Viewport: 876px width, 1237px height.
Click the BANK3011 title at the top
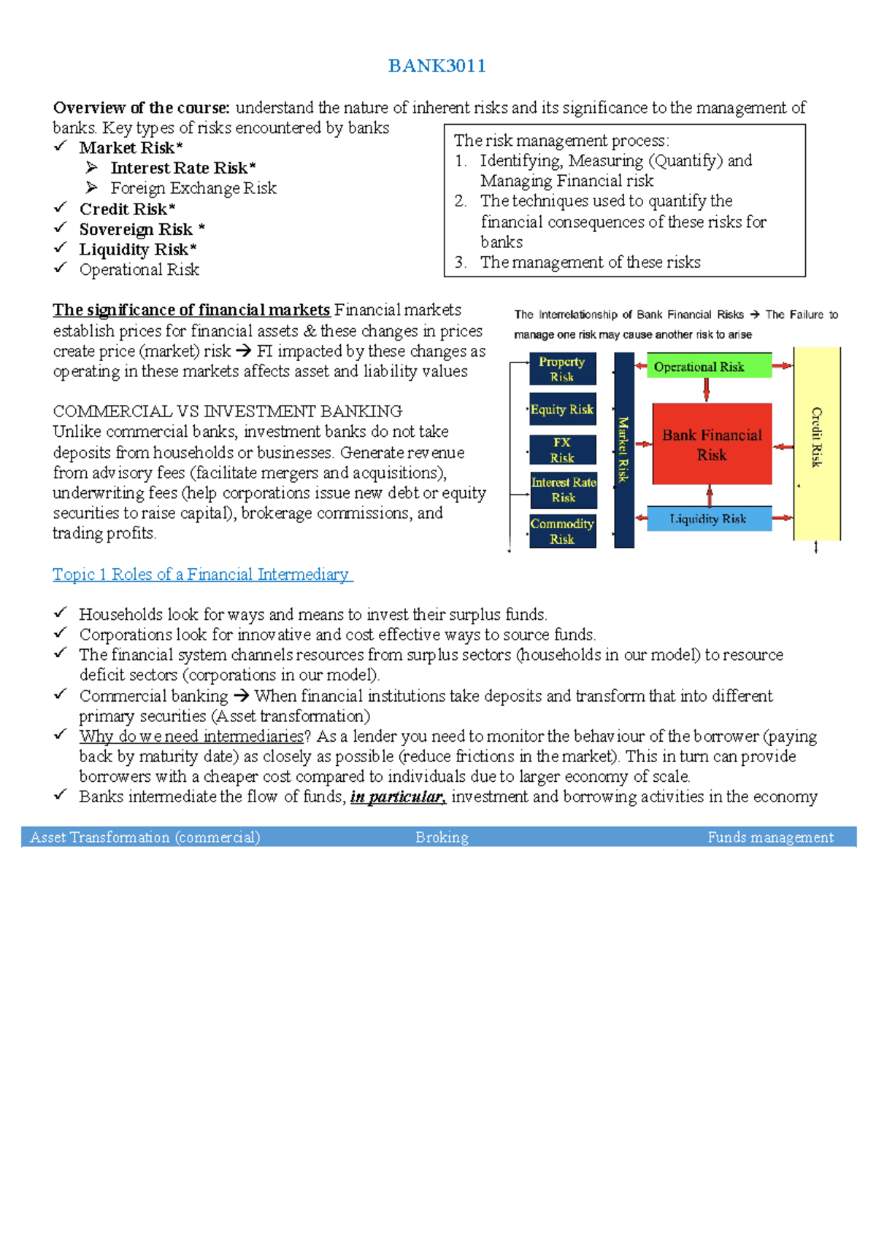tap(437, 66)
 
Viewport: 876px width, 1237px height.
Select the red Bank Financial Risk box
tap(712, 444)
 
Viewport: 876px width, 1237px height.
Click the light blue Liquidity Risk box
tap(708, 519)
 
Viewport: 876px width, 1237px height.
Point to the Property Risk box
tap(562, 369)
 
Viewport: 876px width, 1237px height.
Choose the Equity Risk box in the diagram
tap(562, 409)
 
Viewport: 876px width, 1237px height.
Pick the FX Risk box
tap(562, 450)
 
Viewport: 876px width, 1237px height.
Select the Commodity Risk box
tap(562, 531)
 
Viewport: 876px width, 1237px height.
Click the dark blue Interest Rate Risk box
tap(564, 490)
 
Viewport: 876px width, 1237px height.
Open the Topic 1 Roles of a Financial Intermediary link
tap(202, 575)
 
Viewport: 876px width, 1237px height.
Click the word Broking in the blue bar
tap(442, 837)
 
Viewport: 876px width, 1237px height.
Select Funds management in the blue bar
tap(770, 837)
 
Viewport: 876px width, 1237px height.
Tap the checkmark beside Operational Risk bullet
tap(61, 268)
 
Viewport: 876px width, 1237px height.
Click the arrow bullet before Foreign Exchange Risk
tap(92, 187)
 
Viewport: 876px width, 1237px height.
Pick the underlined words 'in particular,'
tap(398, 796)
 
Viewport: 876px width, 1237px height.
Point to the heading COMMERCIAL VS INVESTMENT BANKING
tap(228, 411)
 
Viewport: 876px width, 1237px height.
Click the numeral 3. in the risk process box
tap(461, 263)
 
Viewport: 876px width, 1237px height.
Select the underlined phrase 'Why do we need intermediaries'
tap(191, 736)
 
